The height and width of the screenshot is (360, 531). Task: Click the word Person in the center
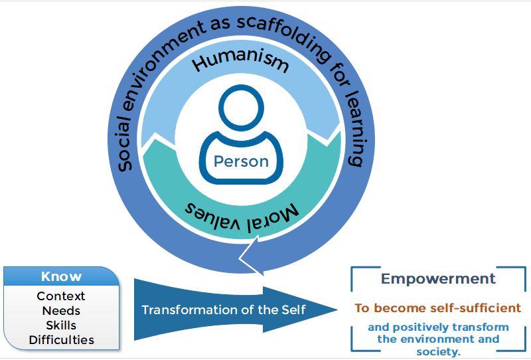pos(241,161)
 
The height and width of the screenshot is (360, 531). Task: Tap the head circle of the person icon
pos(241,107)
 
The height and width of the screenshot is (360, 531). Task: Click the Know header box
pos(61,276)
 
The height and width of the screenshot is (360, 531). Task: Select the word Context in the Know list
pos(61,296)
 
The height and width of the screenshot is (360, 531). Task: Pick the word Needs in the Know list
pos(61,310)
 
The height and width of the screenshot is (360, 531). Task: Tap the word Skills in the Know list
pos(61,325)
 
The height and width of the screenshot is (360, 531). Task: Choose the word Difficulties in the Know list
pos(61,339)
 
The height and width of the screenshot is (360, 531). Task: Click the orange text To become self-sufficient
pos(437,308)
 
